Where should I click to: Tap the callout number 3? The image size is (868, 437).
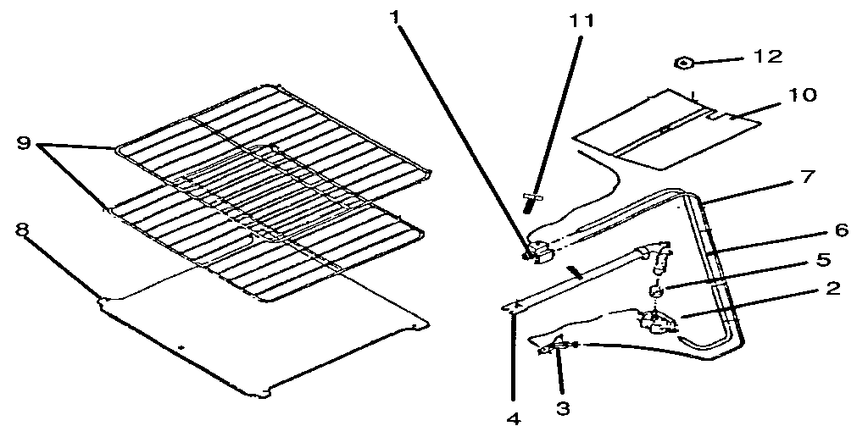(x=562, y=408)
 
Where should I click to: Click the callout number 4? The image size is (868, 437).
(x=512, y=418)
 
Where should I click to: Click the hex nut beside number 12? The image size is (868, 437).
(x=685, y=62)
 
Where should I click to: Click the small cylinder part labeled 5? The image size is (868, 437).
(x=655, y=292)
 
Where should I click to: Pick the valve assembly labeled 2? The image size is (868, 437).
(x=654, y=321)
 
